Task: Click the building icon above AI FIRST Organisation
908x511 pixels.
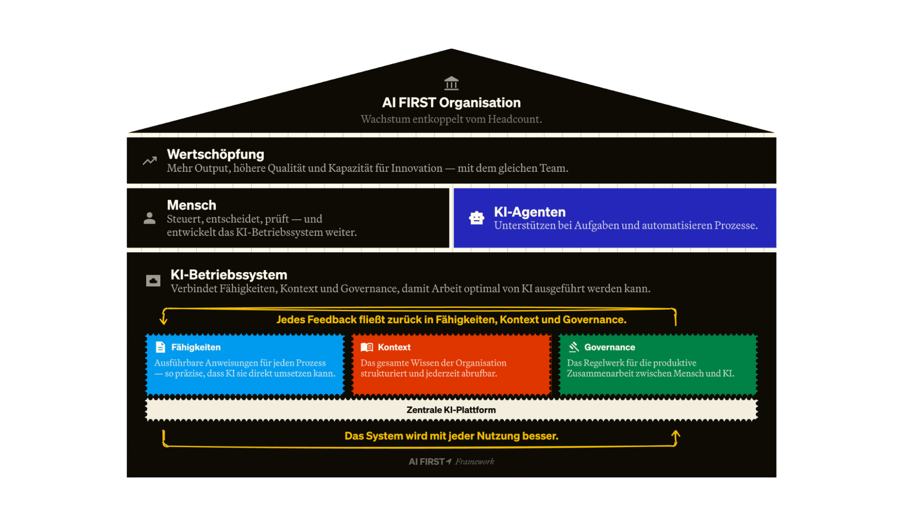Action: tap(451, 83)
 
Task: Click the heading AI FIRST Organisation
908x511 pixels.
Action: tap(451, 103)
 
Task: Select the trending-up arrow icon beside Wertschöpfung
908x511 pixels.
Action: tap(150, 161)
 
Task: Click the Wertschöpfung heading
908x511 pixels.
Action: tap(216, 154)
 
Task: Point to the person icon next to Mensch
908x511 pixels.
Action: tap(149, 218)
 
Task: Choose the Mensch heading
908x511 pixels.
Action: tap(192, 205)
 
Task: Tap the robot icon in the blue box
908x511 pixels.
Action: tap(477, 218)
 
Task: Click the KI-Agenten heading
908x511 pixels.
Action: tap(530, 212)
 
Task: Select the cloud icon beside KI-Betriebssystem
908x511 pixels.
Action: tap(153, 281)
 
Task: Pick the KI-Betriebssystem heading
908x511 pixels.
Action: tap(229, 275)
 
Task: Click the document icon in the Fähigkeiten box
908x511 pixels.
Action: tap(160, 347)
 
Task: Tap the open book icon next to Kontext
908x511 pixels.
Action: tap(367, 347)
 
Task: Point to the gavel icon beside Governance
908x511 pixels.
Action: tap(574, 347)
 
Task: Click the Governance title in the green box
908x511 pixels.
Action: tap(610, 347)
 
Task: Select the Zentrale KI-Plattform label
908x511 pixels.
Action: tap(451, 410)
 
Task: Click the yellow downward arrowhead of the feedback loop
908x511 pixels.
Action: tap(164, 320)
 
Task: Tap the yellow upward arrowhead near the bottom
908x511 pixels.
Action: tap(676, 434)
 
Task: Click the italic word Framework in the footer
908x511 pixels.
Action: tap(475, 462)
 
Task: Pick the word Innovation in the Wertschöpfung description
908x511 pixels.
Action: tap(417, 168)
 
